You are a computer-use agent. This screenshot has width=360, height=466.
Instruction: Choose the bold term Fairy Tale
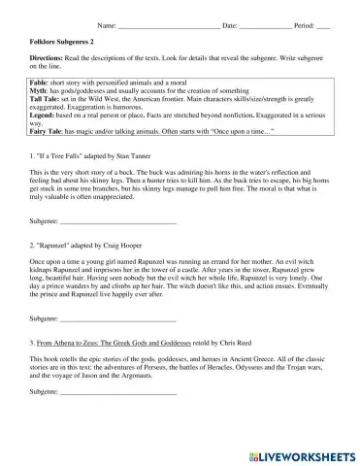point(49,156)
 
